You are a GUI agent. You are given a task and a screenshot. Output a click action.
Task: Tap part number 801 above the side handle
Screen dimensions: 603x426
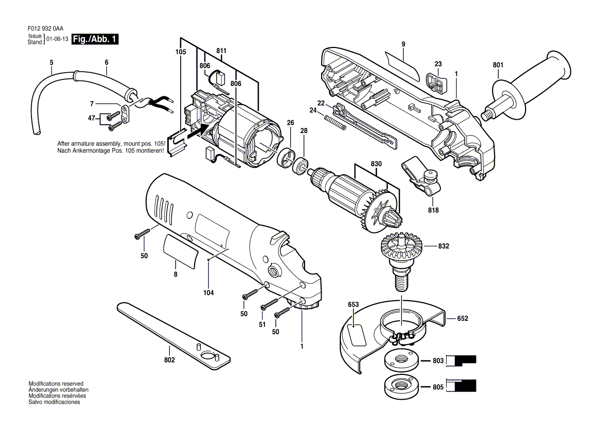click(498, 65)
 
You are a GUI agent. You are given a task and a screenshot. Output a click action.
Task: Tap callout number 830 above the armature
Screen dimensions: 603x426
click(376, 164)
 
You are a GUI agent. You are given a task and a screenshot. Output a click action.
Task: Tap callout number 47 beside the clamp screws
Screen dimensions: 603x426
click(91, 118)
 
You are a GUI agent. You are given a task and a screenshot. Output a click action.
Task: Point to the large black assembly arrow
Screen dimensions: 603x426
click(199, 132)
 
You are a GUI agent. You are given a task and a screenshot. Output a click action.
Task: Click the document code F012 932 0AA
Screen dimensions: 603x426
click(45, 28)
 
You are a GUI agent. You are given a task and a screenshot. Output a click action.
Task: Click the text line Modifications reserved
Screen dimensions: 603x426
click(56, 384)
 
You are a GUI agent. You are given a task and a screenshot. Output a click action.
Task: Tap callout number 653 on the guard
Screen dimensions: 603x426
click(353, 305)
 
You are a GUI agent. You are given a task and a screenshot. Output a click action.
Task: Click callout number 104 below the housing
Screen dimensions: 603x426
click(209, 293)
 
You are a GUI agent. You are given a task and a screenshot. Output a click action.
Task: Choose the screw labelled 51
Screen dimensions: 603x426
click(269, 304)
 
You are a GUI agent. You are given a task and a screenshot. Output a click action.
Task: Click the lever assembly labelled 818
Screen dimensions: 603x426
click(421, 178)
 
